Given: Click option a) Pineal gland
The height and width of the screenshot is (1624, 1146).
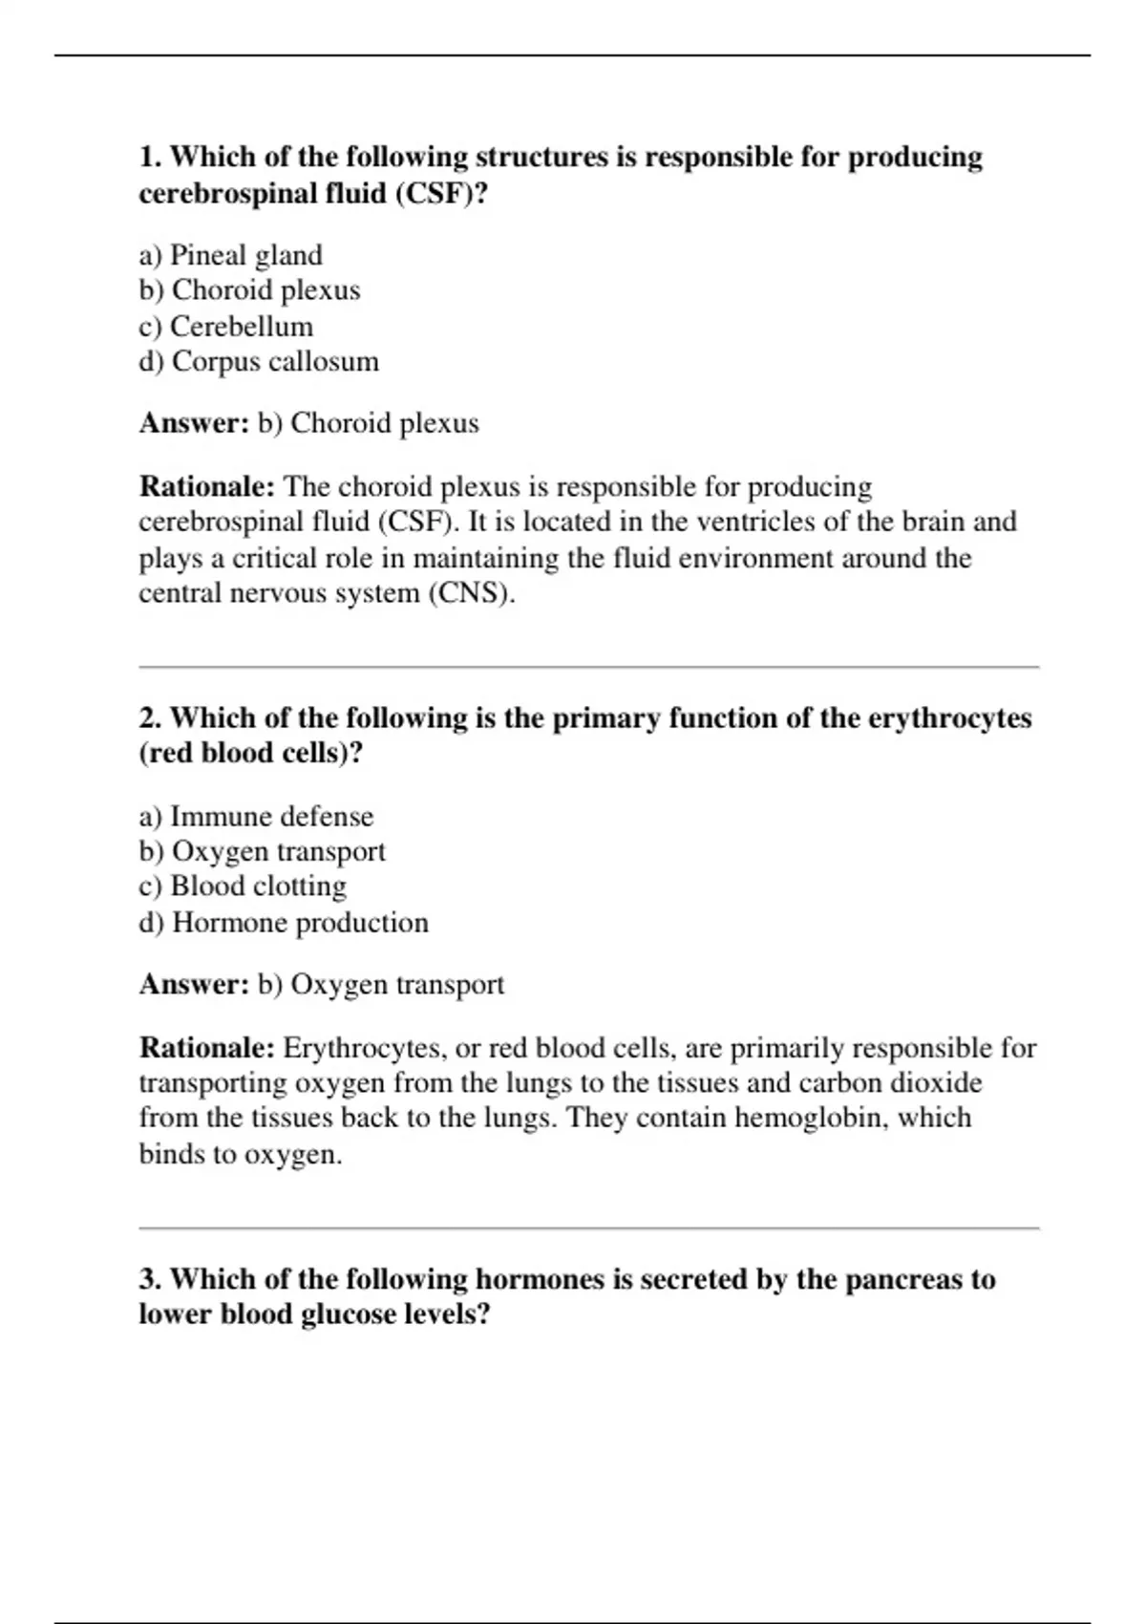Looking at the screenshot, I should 230,255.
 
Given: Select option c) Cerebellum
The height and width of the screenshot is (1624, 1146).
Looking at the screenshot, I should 225,327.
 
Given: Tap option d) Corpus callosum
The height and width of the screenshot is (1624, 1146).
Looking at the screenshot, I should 259,362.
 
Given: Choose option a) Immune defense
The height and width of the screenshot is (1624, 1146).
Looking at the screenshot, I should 256,817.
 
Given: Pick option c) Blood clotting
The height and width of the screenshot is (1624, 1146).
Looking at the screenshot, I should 243,887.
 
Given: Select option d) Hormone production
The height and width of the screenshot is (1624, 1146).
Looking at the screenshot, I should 284,923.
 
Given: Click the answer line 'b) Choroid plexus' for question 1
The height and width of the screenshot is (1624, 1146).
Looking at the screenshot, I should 368,423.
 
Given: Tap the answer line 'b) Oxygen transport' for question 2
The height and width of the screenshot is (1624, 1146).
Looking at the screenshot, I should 380,985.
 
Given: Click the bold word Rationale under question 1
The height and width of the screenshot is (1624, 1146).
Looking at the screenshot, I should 207,487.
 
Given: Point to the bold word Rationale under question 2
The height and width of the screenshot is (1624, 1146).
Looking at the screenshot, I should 207,1049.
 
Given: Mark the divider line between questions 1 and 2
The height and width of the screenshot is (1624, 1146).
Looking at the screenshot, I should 588,668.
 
